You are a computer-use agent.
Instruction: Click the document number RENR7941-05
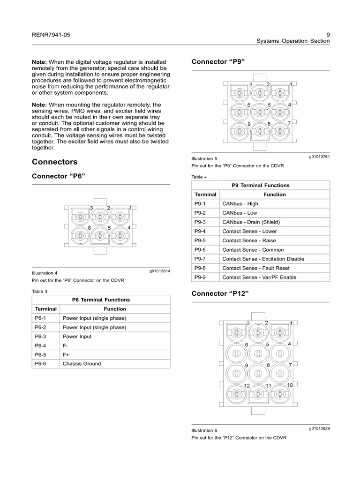click(51, 35)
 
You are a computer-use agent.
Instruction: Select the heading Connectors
click(54, 162)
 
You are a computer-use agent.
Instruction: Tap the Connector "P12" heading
click(220, 293)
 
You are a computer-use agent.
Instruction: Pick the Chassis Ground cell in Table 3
click(82, 363)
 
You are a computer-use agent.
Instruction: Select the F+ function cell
click(66, 354)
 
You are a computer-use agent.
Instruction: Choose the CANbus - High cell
click(240, 203)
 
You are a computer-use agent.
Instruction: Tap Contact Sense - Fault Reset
click(255, 268)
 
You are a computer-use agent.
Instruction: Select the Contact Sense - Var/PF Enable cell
click(259, 277)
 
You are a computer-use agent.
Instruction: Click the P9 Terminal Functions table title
click(261, 185)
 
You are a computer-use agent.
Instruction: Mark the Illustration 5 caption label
click(204, 158)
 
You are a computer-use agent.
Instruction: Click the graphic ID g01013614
click(159, 271)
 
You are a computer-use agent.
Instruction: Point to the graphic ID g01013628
click(319, 428)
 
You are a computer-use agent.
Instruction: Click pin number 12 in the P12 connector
click(247, 385)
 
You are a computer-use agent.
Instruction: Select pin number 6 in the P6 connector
click(89, 227)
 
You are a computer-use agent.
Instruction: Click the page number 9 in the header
click(328, 34)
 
